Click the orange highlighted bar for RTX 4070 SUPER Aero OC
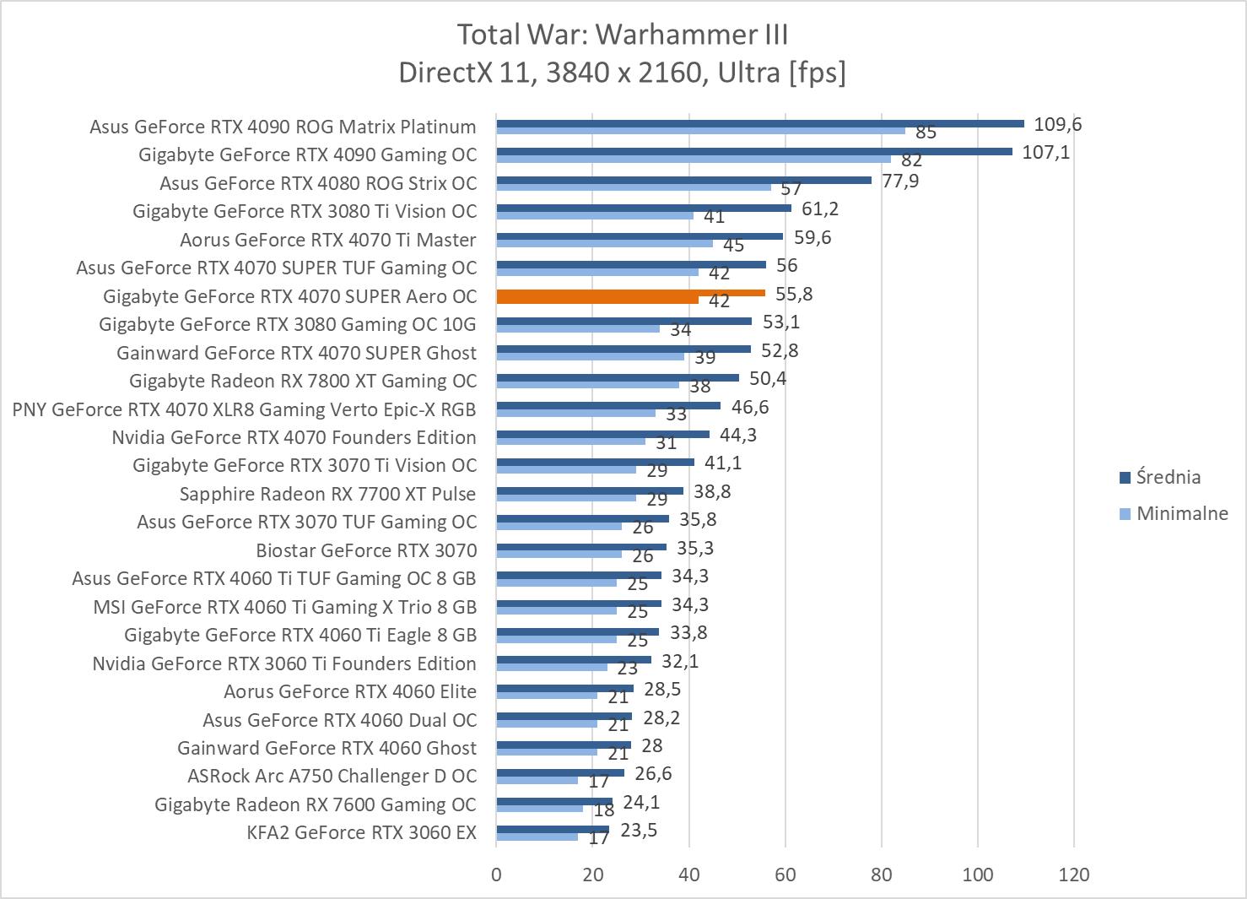(631, 293)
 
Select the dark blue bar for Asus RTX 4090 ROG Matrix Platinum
(759, 123)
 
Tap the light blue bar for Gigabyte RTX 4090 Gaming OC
(694, 159)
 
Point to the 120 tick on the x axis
(1074, 875)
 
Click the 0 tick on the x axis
(496, 875)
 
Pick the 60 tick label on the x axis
(785, 875)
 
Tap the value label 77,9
(900, 181)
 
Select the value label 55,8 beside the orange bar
(795, 294)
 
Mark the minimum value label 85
(926, 133)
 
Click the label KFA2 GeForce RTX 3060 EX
(361, 833)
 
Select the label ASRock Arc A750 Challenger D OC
(332, 777)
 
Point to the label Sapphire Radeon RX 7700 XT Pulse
(327, 494)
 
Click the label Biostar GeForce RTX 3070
(366, 550)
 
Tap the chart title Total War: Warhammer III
(623, 35)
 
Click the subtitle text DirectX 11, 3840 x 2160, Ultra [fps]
(623, 73)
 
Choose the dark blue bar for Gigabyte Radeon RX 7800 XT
(618, 377)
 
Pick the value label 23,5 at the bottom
(639, 831)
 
